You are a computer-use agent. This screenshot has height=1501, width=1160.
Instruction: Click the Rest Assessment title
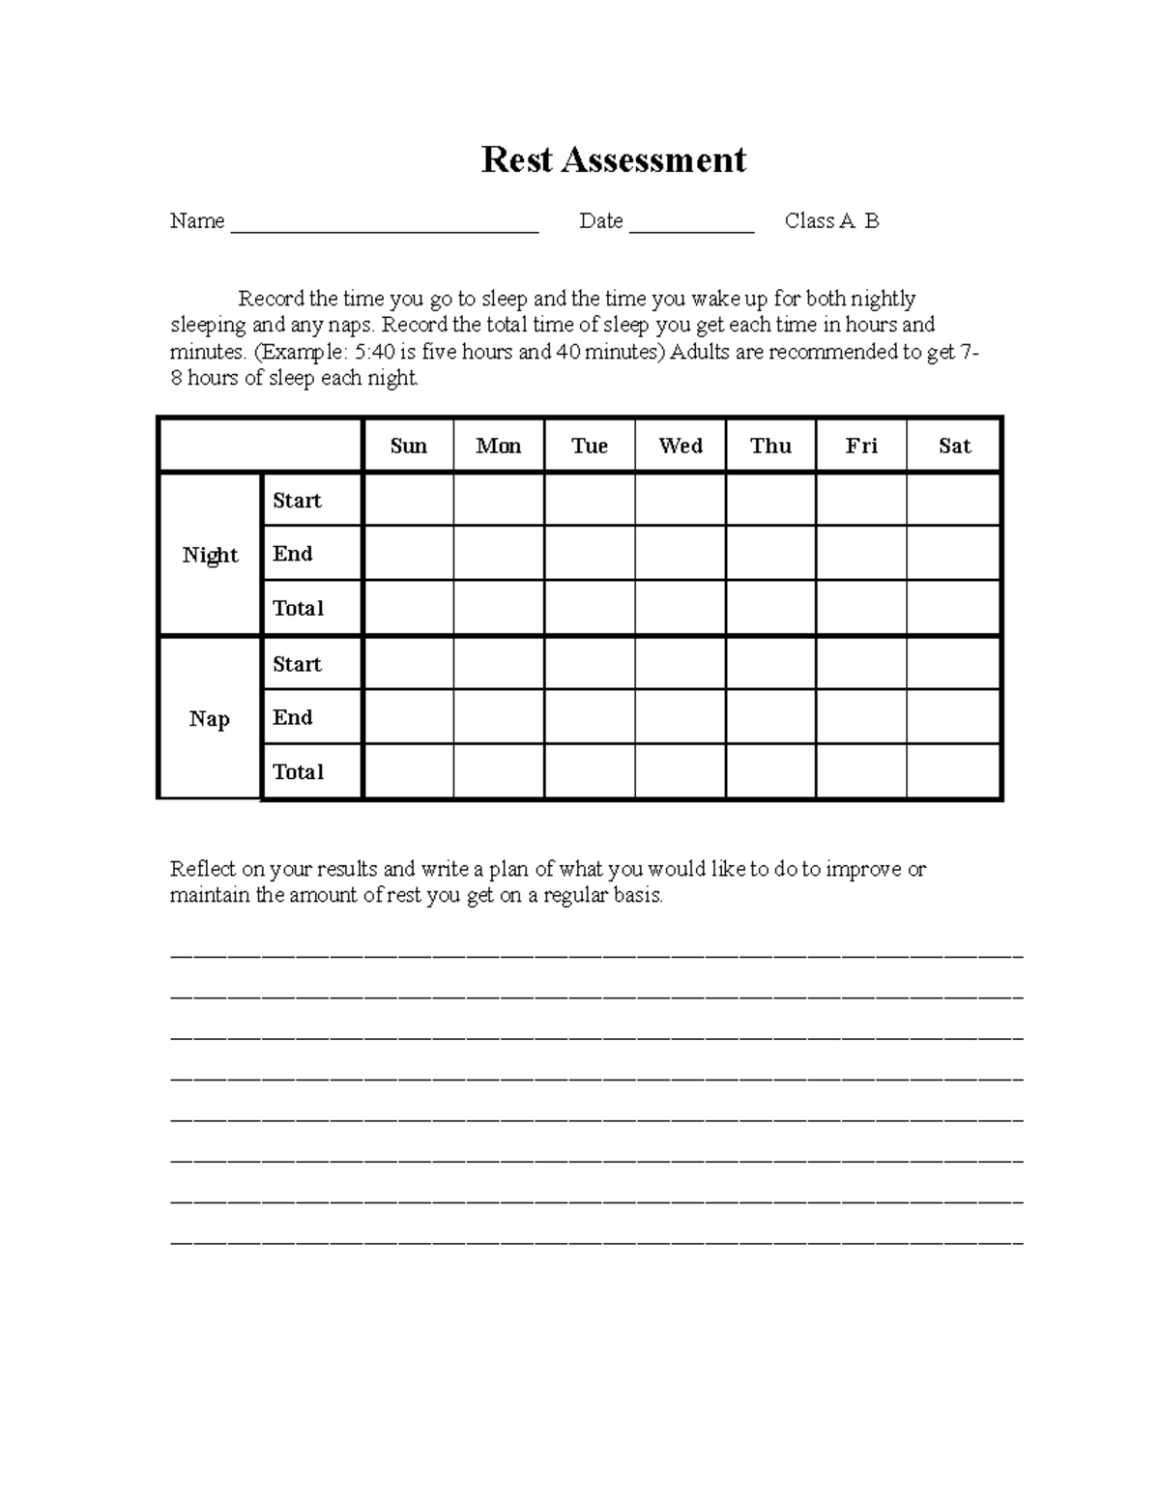(613, 159)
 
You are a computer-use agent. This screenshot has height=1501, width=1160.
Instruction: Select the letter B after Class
(872, 221)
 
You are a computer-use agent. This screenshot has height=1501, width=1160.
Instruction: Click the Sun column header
(408, 446)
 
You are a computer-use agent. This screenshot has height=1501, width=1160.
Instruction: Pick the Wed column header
(680, 446)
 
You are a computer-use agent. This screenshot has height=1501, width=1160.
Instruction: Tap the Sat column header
(954, 446)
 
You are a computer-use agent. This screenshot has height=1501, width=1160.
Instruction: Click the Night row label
(210, 555)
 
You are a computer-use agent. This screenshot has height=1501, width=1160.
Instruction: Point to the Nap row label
(209, 718)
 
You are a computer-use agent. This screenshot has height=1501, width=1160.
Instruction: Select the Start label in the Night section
(297, 501)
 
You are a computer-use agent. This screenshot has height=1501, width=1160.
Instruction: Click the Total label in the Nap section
(298, 771)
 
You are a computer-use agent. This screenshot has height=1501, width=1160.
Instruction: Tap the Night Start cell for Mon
(499, 500)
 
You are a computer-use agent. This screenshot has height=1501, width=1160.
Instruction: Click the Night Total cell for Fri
(861, 608)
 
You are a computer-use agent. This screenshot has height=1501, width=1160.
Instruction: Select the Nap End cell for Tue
(590, 717)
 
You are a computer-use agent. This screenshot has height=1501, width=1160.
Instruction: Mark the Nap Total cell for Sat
(954, 771)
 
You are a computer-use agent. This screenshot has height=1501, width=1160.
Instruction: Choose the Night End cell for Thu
(770, 554)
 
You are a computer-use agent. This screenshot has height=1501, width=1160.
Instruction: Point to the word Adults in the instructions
(700, 352)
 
